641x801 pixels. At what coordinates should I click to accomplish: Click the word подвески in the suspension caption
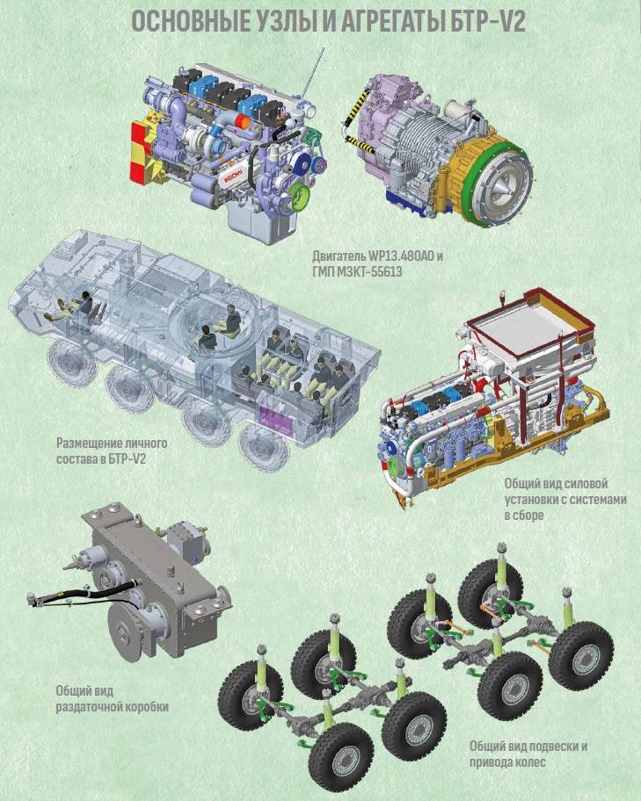click(x=544, y=747)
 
